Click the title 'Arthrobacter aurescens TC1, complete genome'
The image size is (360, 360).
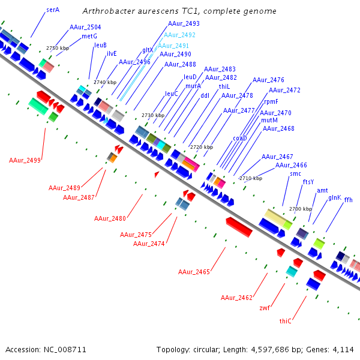tap(179, 11)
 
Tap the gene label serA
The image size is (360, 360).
tap(53, 10)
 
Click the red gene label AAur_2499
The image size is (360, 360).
tap(25, 160)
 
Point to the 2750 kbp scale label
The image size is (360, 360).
tap(58, 48)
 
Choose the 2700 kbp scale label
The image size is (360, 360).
tap(301, 209)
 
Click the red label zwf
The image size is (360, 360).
tap(265, 308)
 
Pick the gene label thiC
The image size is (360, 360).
tap(286, 321)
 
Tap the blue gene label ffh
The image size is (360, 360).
tap(348, 200)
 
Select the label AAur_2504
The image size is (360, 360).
tap(85, 27)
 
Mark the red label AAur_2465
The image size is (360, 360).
tap(194, 272)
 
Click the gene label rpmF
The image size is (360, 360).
tap(271, 101)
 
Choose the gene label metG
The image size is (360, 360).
tap(89, 36)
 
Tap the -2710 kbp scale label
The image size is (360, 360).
tap(250, 178)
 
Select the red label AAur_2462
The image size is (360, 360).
tap(236, 298)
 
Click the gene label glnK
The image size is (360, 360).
tap(334, 197)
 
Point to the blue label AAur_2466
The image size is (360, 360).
tap(291, 165)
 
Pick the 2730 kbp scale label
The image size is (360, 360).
tap(152, 115)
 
